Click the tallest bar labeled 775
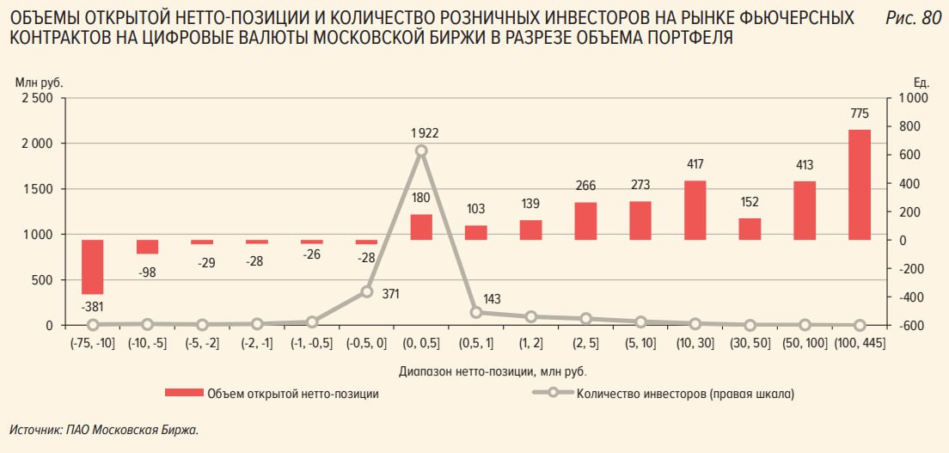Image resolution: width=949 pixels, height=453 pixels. [860, 185]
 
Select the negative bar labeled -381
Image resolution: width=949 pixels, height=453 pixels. [93, 267]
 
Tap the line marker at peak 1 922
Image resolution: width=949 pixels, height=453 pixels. [421, 150]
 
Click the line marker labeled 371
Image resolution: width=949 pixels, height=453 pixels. [367, 291]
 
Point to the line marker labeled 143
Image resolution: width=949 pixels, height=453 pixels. [475, 312]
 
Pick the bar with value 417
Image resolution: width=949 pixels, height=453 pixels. [695, 210]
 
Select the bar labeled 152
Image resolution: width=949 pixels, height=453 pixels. [750, 229]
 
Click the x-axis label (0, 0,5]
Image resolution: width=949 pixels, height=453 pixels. [421, 343]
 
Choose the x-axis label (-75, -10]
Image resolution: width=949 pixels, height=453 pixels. [93, 343]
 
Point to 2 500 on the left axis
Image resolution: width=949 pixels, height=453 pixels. [36, 98]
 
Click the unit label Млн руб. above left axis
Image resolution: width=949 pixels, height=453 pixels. [40, 82]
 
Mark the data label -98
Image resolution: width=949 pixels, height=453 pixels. [148, 272]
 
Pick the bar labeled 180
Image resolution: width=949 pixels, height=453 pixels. [421, 227]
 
